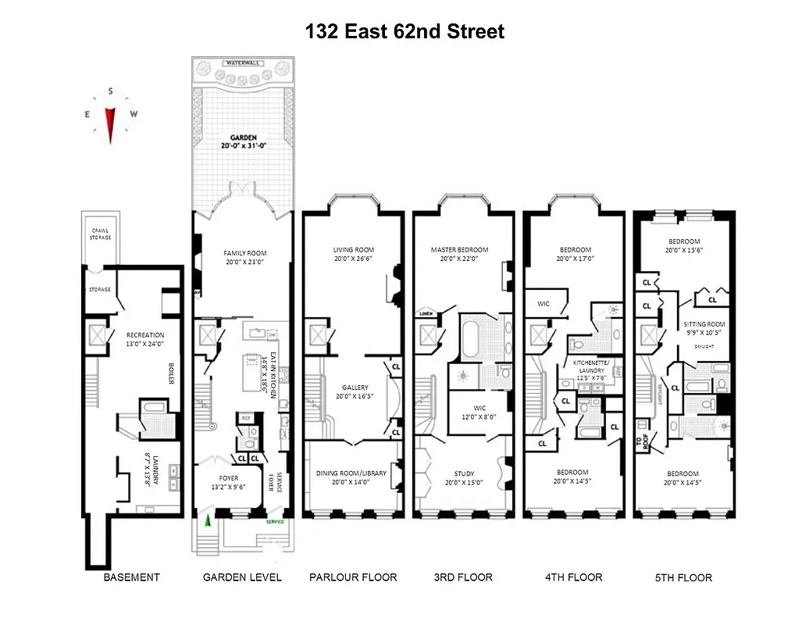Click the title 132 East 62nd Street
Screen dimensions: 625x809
pos(404,31)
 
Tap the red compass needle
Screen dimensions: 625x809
pos(110,123)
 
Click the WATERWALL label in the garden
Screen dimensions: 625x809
pos(242,62)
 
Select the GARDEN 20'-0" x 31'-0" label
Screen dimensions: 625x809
pos(242,141)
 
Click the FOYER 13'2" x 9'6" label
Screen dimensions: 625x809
pos(223,482)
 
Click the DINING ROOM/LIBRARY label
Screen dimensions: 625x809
pos(353,477)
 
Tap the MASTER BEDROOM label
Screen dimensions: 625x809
pos(459,254)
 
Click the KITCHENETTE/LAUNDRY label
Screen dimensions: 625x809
pos(591,367)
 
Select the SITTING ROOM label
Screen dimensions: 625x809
pos(705,328)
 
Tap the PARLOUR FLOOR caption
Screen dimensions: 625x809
pos(353,577)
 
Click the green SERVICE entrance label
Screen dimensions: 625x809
pos(276,521)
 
